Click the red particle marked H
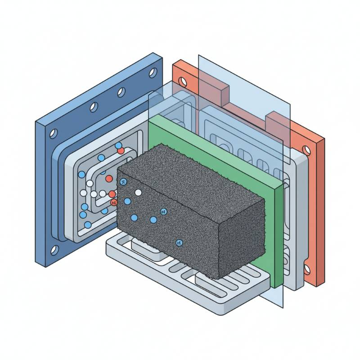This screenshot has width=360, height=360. (113, 203)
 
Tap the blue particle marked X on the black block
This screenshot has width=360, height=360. (124, 182)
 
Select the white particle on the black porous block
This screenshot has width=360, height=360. (138, 193)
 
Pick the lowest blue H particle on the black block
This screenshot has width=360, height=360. (179, 243)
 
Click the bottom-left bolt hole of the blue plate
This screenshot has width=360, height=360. (54, 249)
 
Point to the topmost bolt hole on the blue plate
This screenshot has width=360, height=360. (153, 72)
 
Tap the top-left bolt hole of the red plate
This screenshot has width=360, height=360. (182, 81)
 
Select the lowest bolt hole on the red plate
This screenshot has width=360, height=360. (307, 270)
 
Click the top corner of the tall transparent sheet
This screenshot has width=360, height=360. (199, 56)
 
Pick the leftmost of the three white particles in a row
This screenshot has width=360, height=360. (84, 193)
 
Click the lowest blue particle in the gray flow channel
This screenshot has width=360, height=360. (88, 224)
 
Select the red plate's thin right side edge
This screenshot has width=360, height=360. (320, 211)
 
